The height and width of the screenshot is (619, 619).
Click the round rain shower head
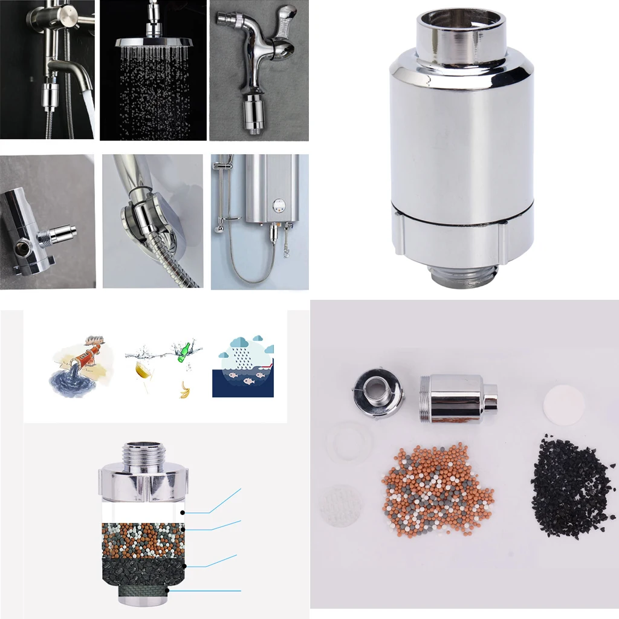tap(153, 42)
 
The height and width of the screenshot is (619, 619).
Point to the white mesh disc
tap(341, 505)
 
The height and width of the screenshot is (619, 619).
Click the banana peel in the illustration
tap(185, 390)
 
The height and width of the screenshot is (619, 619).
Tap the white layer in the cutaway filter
tap(142, 512)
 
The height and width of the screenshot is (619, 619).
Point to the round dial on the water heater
tap(278, 204)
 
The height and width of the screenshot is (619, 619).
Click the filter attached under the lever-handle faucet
tap(254, 113)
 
